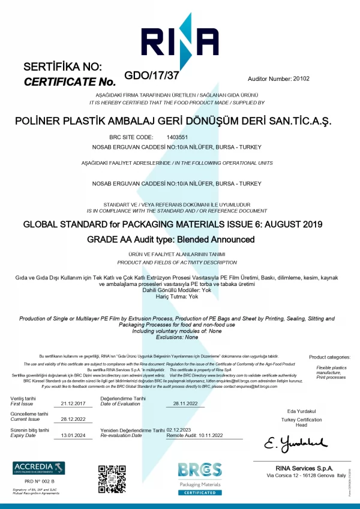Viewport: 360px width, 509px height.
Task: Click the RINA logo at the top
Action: (179, 40)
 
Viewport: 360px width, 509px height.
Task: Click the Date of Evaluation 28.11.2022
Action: (185, 403)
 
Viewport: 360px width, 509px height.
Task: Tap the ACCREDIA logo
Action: (39, 468)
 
